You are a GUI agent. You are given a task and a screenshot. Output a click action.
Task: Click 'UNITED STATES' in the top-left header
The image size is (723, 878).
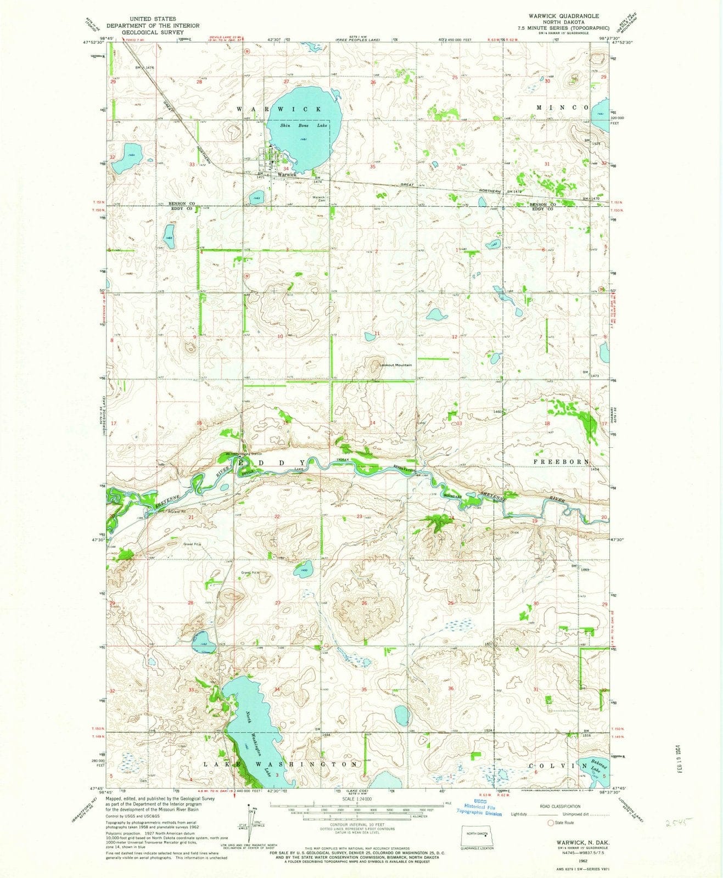coord(145,19)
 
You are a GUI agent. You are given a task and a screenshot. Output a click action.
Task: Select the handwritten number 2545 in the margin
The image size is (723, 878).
coord(678,823)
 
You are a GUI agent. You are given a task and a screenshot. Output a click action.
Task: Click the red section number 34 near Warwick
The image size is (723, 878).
coord(286,168)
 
